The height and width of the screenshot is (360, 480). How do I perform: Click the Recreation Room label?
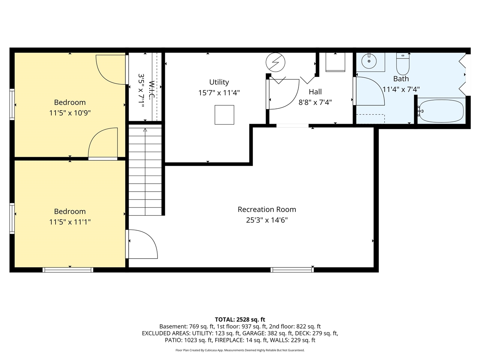[267, 209]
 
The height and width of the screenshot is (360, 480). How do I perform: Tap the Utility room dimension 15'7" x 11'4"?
[219, 93]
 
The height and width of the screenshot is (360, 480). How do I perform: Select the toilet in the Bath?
[403, 65]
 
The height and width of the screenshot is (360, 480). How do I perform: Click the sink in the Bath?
[370, 61]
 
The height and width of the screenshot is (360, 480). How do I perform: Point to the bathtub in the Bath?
[441, 111]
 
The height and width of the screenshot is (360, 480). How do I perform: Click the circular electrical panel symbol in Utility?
[275, 62]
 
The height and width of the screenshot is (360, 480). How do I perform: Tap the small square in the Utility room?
[224, 115]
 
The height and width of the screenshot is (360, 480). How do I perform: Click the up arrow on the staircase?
[145, 130]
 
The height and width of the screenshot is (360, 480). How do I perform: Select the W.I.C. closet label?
[151, 90]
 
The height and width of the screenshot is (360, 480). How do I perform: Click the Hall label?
[315, 91]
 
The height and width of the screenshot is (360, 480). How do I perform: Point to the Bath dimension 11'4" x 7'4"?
[401, 89]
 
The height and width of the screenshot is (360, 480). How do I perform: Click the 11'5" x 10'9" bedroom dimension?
[70, 112]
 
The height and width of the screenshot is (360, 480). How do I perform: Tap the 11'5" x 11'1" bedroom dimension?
[70, 222]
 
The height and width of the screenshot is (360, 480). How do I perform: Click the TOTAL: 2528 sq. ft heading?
[240, 319]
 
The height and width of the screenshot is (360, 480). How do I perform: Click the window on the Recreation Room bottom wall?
[292, 269]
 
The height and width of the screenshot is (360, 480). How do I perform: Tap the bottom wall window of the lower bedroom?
[68, 269]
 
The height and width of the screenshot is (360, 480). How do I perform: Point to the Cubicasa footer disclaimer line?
[240, 350]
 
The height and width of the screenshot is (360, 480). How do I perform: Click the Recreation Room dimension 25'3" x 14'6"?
[267, 220]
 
